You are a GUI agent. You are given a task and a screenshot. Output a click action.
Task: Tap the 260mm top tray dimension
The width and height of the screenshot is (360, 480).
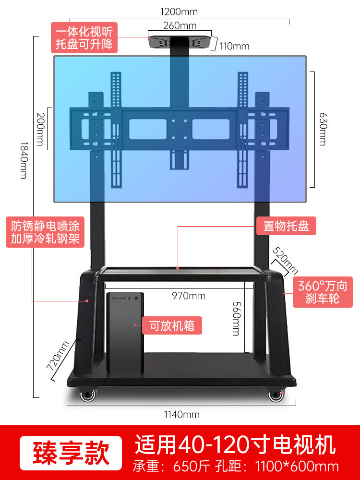click(x=180, y=26)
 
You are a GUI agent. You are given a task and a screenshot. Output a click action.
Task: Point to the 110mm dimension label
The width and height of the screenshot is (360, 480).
click(x=234, y=47)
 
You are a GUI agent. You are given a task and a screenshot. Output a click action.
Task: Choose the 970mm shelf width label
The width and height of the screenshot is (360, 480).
click(x=189, y=296)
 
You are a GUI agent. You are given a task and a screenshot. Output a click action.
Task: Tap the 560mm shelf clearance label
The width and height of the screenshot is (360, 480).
click(x=236, y=319)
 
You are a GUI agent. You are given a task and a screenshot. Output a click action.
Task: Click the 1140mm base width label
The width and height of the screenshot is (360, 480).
click(x=179, y=414)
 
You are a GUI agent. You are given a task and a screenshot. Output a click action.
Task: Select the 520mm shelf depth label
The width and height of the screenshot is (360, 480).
click(x=285, y=261)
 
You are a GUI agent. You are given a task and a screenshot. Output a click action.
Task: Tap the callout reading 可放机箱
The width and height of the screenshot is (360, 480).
click(x=171, y=325)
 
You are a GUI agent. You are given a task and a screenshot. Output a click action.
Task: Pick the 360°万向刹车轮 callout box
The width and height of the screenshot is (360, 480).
click(x=322, y=292)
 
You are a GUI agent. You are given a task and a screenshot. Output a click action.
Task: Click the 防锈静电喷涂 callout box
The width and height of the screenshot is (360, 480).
click(x=45, y=232)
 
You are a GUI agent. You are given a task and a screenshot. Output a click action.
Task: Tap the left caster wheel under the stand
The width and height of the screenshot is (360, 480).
click(x=87, y=395)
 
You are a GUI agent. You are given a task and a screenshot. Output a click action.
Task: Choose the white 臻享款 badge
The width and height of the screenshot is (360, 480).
click(x=71, y=453)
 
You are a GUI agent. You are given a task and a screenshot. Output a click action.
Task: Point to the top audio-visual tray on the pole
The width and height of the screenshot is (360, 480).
click(x=180, y=41)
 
